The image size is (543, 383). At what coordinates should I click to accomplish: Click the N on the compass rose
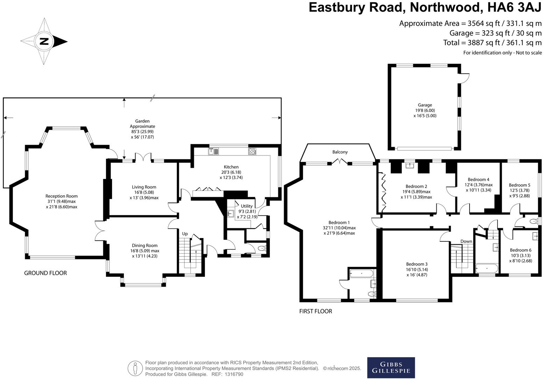(x=44, y=41)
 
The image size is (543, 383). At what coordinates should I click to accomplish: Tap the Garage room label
(x=425, y=105)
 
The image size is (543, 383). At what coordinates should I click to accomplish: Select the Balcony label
(x=340, y=152)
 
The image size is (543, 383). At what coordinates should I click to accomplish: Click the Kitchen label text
(x=231, y=167)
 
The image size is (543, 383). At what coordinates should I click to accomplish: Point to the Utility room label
(x=246, y=206)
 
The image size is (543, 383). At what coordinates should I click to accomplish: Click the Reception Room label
(x=62, y=196)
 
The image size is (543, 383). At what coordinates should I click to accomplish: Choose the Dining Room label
(x=144, y=245)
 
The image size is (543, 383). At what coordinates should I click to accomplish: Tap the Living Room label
(x=144, y=187)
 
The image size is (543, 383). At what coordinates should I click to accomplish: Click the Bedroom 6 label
(x=520, y=250)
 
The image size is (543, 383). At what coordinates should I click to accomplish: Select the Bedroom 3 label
(x=416, y=264)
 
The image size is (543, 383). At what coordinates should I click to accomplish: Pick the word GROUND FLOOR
(x=45, y=273)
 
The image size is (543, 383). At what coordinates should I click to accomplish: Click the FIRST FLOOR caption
(x=316, y=311)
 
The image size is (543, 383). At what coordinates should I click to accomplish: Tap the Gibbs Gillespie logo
(x=391, y=368)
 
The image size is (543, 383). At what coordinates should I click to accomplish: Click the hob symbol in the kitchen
(x=252, y=151)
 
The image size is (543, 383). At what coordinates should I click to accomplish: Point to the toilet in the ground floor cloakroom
(x=261, y=249)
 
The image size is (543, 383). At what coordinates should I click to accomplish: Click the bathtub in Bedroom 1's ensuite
(x=362, y=273)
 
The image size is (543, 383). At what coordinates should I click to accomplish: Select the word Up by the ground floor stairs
(x=185, y=234)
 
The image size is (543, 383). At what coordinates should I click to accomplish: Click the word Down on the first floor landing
(x=466, y=241)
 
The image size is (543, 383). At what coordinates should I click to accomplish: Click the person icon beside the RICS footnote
(x=135, y=368)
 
